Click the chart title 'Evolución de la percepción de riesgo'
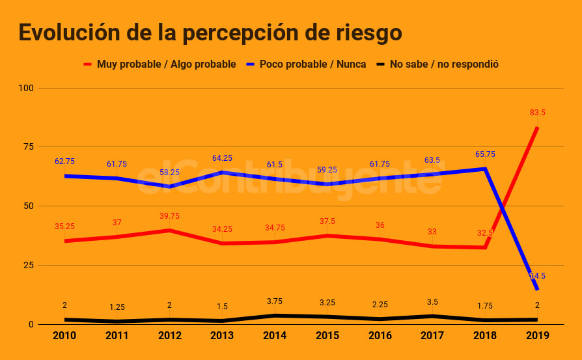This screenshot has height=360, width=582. (x=210, y=32)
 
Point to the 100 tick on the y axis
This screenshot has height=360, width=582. (x=27, y=88)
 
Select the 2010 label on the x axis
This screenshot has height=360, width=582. (x=64, y=336)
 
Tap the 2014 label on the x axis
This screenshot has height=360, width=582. (x=275, y=336)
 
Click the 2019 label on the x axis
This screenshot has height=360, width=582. (x=537, y=336)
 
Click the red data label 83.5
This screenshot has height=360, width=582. (x=537, y=113)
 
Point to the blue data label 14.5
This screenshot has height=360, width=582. (x=537, y=276)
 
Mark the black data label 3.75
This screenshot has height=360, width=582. (x=275, y=301)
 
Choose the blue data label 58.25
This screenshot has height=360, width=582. (x=169, y=173)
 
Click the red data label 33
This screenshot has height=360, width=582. (x=432, y=231)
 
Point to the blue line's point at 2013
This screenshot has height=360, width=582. (x=222, y=172)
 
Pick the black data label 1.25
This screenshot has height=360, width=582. (x=117, y=307)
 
